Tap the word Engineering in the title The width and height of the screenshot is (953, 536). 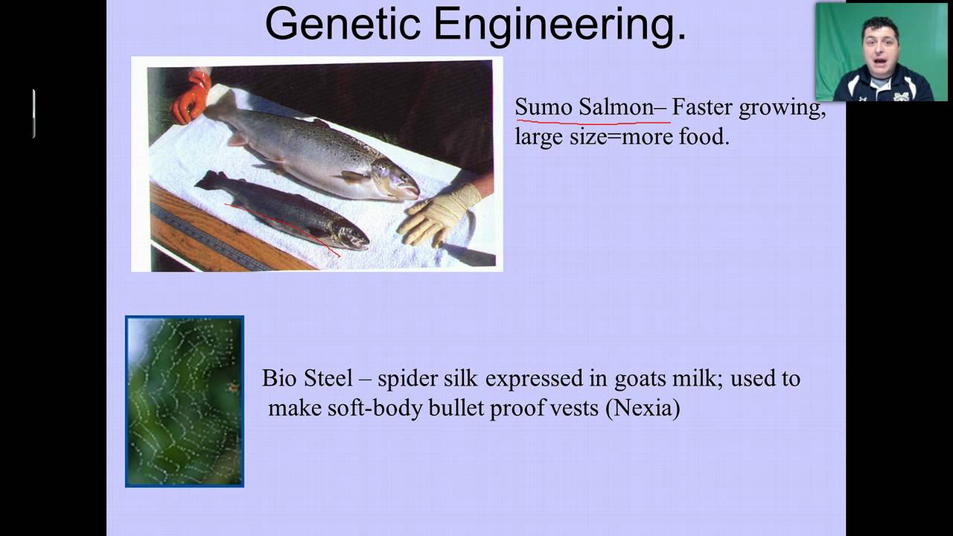(560, 26)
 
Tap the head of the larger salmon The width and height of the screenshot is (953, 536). (395, 180)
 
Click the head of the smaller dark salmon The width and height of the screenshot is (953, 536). (351, 237)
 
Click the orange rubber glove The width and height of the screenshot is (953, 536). (191, 97)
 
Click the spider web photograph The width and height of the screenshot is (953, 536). (185, 401)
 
